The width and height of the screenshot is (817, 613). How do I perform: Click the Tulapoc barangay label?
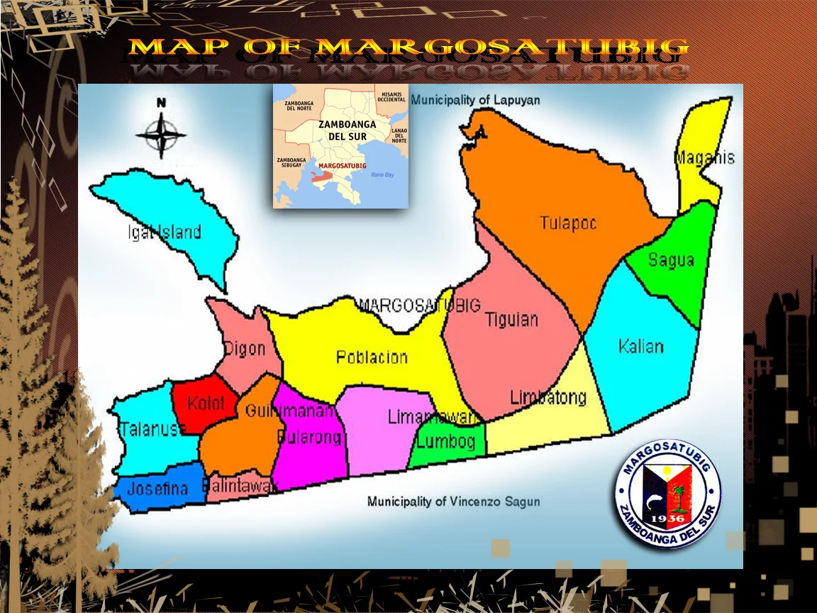tap(568, 223)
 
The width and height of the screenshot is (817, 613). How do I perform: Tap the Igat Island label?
tap(164, 232)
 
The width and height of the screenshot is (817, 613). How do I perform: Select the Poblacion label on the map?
tap(372, 357)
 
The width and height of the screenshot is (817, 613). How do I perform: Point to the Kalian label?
tap(641, 347)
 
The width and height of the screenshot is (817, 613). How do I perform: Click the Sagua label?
tap(671, 260)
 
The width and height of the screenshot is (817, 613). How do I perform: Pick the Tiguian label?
tap(512, 320)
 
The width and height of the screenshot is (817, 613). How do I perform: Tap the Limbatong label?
tap(548, 397)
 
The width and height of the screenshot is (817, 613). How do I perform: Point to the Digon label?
tap(245, 348)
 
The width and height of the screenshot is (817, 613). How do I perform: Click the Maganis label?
tap(704, 158)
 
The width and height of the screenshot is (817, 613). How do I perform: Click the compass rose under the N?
tap(161, 135)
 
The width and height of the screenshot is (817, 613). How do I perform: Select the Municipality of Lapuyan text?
tap(475, 100)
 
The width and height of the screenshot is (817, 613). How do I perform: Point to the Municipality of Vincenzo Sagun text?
tap(453, 502)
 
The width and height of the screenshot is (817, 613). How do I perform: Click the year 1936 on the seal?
tap(666, 518)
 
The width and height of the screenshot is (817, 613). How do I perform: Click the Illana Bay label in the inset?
tap(382, 175)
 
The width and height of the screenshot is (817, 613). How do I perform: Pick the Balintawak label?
tap(240, 487)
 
